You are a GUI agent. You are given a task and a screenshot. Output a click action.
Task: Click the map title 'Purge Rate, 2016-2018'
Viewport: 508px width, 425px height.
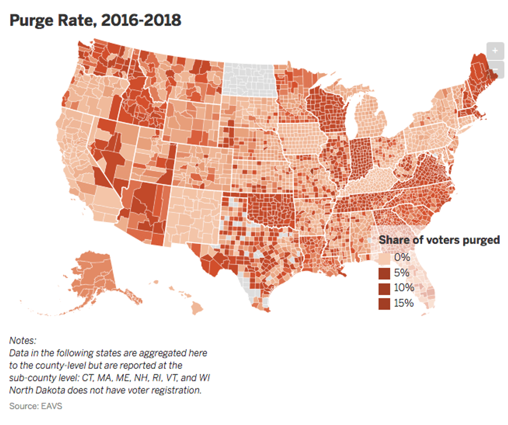[95, 20]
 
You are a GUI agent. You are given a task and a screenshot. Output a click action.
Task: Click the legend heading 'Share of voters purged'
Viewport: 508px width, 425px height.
[439, 240]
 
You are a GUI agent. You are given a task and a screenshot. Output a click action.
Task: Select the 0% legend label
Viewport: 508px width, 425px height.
[402, 257]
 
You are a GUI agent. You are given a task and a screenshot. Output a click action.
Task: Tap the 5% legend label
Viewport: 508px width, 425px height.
[402, 272]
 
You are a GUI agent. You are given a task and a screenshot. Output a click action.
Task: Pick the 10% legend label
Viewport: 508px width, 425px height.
[404, 288]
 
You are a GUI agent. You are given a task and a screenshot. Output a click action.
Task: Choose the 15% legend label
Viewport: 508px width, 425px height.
[404, 303]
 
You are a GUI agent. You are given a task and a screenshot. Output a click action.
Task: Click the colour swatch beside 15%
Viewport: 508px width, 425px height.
[384, 304]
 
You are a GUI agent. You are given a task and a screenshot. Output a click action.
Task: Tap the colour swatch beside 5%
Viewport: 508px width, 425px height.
[384, 273]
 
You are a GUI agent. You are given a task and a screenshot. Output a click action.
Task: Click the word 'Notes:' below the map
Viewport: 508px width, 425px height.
[23, 341]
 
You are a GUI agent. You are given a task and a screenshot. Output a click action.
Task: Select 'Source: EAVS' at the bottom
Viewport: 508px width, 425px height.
[36, 406]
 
